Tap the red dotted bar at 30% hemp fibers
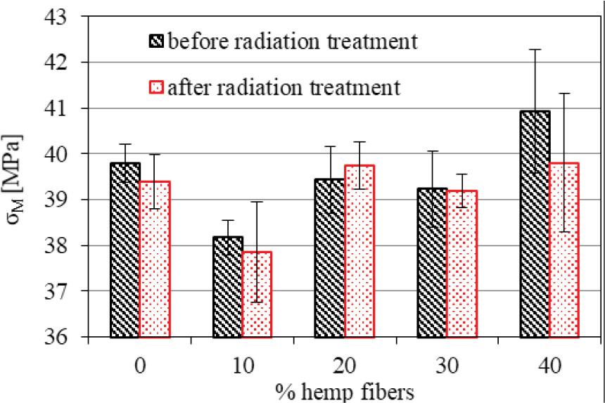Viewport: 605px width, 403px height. [461, 264]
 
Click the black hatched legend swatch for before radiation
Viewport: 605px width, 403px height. [156, 41]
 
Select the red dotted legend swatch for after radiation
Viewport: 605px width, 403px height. [156, 88]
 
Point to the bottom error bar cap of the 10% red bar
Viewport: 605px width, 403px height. [257, 302]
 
